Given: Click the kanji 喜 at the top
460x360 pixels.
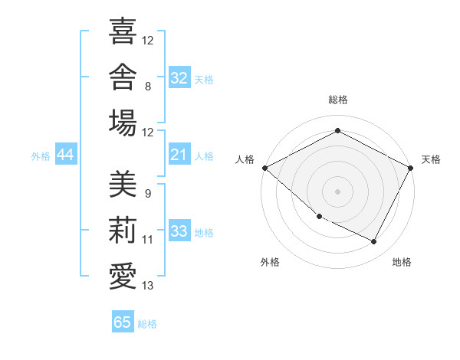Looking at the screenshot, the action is pos(123,31).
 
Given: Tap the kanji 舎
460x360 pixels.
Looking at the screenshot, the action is pos(123,77).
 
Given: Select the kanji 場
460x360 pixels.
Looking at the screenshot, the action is pos(123,123).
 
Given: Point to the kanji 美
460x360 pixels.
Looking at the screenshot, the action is pos(123,184).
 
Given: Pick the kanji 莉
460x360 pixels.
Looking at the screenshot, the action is pos(123,230).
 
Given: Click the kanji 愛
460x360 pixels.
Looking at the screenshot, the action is pos(123,277).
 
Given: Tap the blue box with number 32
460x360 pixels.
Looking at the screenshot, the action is pos(179,77).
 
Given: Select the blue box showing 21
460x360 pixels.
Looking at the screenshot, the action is pos(179,154).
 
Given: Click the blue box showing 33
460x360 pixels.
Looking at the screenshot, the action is pos(179,230).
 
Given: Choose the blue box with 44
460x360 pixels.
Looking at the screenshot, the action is pos(66,154).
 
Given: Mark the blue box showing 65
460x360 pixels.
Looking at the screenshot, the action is pos(123,321).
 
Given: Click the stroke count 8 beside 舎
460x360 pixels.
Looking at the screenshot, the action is pos(148,87).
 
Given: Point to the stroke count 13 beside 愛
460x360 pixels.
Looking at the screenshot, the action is pos(147,286).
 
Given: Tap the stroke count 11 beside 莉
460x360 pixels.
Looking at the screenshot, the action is pos(147,240).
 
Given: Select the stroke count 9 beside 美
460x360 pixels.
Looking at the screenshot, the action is pos(148,194).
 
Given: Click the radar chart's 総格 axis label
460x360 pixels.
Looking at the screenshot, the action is pos(338,100).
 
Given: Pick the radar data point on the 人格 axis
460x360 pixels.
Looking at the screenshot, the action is pos(265,168).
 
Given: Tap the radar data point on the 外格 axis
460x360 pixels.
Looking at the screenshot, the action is pos(320,217).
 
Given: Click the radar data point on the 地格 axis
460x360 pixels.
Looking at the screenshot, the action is pos(373,241).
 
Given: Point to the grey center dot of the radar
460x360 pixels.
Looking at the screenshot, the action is pos(337,191).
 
